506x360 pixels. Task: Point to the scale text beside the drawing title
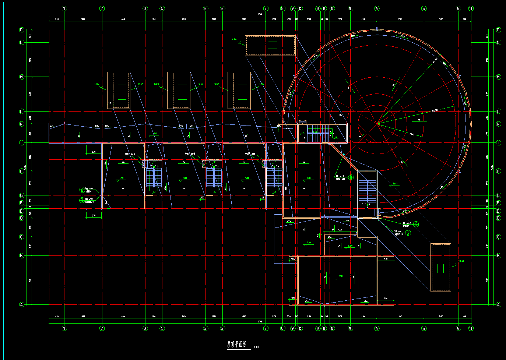(x=256, y=347)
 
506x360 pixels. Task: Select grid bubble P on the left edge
(x=21, y=30)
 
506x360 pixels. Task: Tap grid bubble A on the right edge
(x=499, y=304)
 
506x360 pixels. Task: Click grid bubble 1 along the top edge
(x=64, y=8)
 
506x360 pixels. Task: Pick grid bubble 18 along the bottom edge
(x=471, y=328)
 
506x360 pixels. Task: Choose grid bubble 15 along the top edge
(x=377, y=8)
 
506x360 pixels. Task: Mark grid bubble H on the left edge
(x=21, y=171)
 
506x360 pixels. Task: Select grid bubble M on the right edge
(x=499, y=77)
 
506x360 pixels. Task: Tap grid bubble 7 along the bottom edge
(x=266, y=328)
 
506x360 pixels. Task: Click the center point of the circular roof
(x=377, y=124)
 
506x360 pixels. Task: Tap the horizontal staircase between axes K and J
(x=319, y=133)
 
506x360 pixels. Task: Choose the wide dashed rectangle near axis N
(x=271, y=45)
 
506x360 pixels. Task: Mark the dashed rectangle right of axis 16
(x=440, y=267)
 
